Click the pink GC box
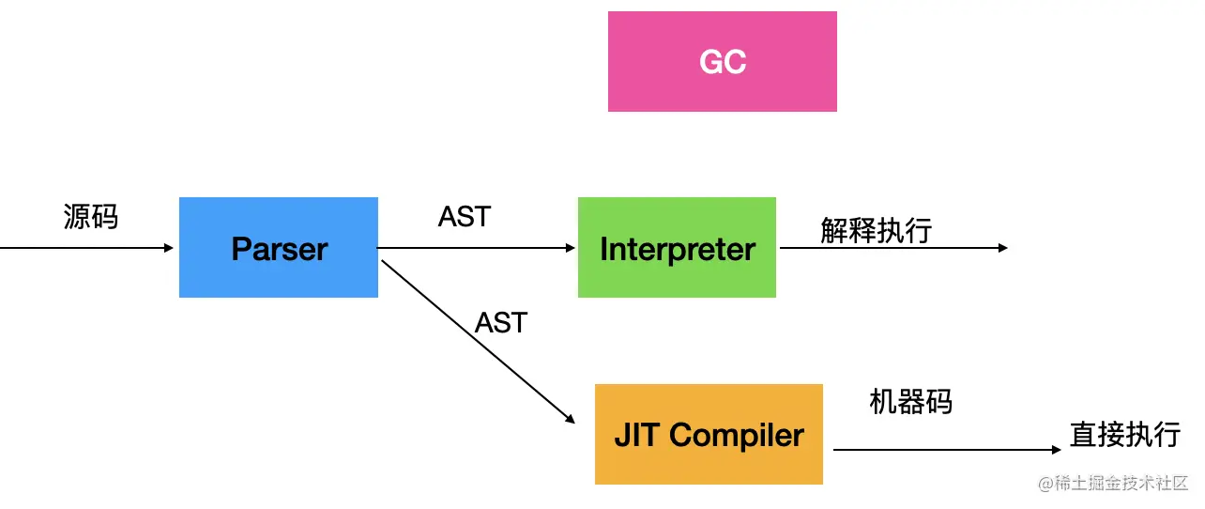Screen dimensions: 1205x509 coord(723,61)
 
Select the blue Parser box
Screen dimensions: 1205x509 coord(279,248)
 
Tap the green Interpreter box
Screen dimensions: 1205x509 coord(677,248)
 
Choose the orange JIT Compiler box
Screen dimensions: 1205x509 coord(709,434)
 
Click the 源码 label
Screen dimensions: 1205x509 coord(90,217)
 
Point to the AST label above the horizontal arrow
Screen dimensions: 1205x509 coord(465,217)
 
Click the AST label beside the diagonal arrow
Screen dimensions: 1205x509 coord(501,323)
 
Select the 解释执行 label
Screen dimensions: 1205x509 coord(876,231)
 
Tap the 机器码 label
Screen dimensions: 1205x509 coord(910,402)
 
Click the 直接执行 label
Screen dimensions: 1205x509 coord(1125,435)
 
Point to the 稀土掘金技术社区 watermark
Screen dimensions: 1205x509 coord(1113,483)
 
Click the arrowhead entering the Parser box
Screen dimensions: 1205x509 coord(169,248)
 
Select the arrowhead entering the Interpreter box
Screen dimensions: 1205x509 coord(571,248)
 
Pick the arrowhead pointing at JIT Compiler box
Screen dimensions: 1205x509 coord(571,419)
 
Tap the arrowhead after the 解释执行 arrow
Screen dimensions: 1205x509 coord(1002,248)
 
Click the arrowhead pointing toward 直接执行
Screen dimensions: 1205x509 coord(1056,449)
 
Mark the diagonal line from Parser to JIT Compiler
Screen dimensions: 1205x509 coord(479,342)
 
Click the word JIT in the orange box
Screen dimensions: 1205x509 coord(637,435)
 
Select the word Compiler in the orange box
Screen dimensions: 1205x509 coord(737,436)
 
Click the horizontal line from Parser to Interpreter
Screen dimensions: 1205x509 coord(476,248)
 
